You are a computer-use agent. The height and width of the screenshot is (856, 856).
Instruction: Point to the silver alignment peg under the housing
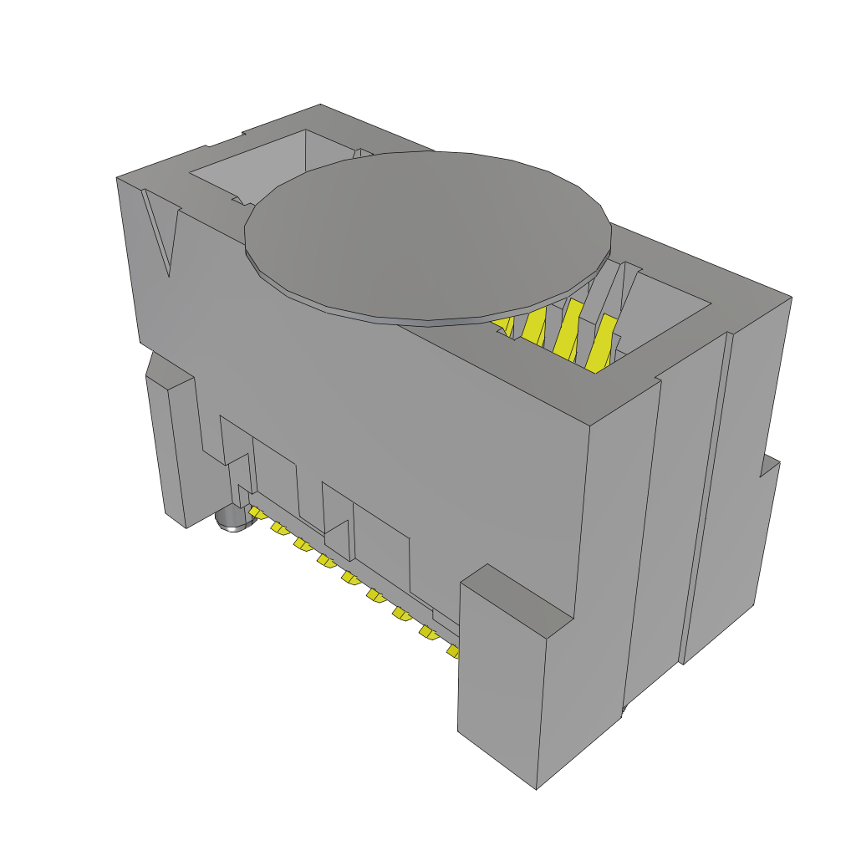pos(233,520)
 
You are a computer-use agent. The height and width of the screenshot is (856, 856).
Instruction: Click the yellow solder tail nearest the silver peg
pos(257,512)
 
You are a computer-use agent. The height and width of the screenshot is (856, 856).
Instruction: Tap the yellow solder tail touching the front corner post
pos(454,650)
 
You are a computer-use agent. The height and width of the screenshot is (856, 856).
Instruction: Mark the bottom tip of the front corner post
pos(535,786)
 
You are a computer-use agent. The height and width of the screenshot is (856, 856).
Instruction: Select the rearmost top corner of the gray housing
pos(320,105)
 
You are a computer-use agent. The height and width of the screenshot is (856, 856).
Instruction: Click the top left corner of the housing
pos(117,178)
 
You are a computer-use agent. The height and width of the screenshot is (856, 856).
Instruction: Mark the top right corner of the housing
pos(790,298)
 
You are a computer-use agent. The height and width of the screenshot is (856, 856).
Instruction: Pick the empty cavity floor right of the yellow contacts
pos(660,326)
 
